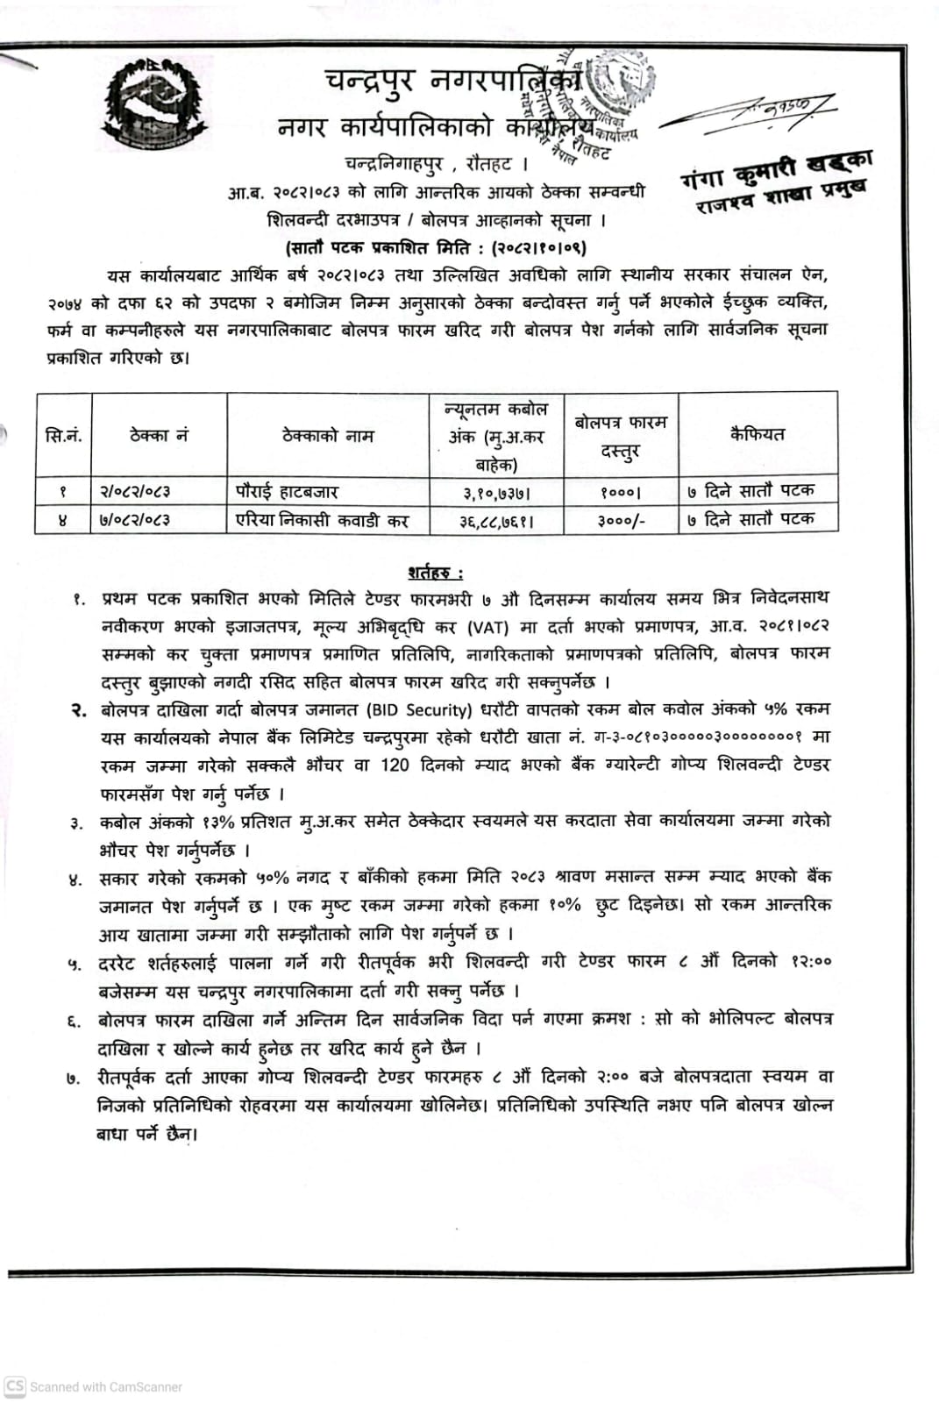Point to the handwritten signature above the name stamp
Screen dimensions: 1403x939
coord(750,113)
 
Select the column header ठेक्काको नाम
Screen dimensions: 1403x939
coord(328,435)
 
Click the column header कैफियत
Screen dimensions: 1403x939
coord(758,433)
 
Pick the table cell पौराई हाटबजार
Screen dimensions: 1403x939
coord(287,491)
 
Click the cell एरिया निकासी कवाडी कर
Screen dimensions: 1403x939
coord(323,520)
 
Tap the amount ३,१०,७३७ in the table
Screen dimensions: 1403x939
coord(496,494)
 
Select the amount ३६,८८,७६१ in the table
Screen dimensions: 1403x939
coord(496,521)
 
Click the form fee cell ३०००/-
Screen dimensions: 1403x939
coord(621,520)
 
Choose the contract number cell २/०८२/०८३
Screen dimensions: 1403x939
coord(135,492)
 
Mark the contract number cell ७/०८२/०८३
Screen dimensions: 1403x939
coord(135,520)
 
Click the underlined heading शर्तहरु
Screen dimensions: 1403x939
coord(436,573)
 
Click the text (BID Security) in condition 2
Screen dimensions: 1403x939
coord(416,709)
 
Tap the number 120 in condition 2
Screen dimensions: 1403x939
coord(395,766)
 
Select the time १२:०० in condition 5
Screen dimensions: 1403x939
coord(810,961)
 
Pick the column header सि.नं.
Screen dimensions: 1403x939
coord(63,436)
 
